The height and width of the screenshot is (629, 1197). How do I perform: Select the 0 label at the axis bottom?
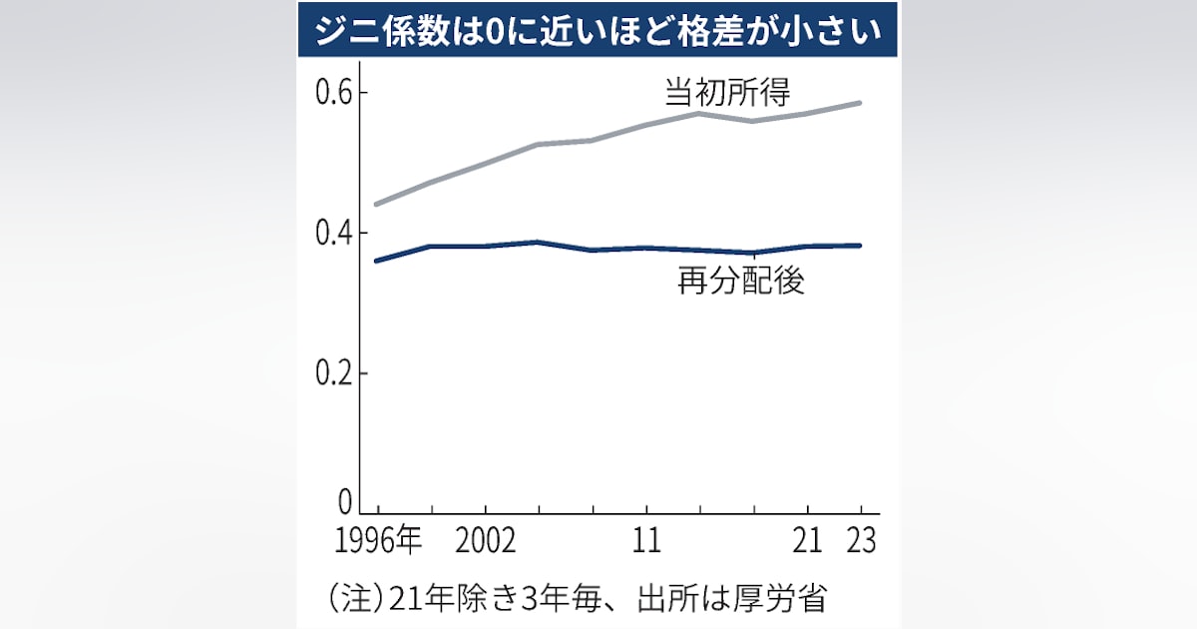345,502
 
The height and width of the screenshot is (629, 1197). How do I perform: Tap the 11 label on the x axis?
646,542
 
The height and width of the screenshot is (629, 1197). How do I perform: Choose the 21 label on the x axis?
808,542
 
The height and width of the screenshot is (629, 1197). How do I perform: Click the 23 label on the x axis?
860,542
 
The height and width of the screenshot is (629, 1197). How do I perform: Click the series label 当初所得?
727,93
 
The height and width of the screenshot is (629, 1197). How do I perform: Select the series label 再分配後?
740,282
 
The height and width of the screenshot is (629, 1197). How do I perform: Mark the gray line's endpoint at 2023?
860,103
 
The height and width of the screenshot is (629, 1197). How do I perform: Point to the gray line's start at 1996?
376,204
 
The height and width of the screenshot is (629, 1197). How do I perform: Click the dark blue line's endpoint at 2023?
860,246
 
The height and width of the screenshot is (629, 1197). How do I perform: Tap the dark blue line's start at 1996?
376,261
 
